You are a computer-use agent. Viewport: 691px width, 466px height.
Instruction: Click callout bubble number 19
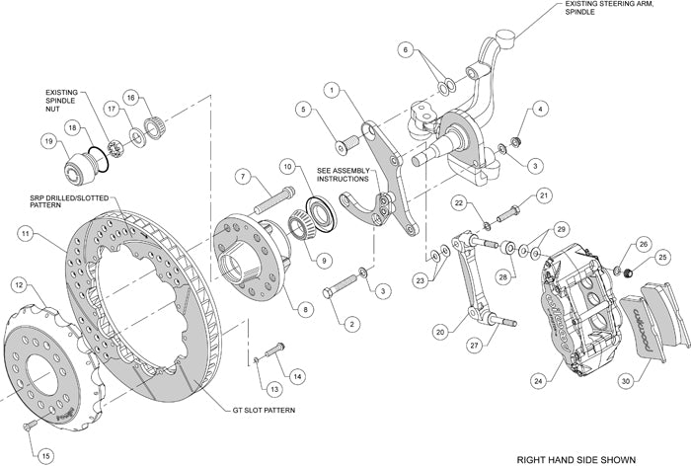[x=47, y=142]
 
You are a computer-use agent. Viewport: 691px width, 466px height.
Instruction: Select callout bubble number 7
[x=240, y=177]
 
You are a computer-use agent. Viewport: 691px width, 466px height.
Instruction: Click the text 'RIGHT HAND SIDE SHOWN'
[x=595, y=459]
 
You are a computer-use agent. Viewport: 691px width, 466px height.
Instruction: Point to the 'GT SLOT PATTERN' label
[x=266, y=409]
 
